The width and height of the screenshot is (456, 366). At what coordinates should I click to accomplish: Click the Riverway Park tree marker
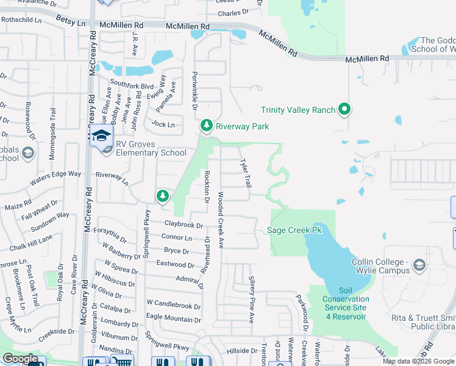pyautogui.click(x=207, y=126)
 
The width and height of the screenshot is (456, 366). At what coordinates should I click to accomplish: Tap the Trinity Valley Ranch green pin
pyautogui.click(x=344, y=110)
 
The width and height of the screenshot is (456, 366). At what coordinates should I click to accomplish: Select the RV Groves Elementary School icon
pyautogui.click(x=102, y=137)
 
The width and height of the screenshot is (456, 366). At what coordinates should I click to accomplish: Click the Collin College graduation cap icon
pyautogui.click(x=419, y=265)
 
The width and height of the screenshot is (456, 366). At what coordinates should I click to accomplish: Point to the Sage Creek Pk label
pyautogui.click(x=294, y=230)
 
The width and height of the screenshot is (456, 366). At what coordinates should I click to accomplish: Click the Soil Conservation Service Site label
pyautogui.click(x=346, y=303)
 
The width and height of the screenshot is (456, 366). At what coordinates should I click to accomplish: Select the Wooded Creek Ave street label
pyautogui.click(x=221, y=221)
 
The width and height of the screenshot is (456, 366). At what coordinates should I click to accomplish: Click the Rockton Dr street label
pyautogui.click(x=207, y=187)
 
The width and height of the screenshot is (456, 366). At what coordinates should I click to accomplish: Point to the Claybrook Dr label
pyautogui.click(x=183, y=225)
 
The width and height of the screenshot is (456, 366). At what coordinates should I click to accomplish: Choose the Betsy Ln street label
pyautogui.click(x=71, y=23)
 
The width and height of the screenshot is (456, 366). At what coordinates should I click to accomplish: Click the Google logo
pyautogui.click(x=20, y=359)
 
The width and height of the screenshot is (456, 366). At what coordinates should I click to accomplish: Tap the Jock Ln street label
pyautogui.click(x=163, y=124)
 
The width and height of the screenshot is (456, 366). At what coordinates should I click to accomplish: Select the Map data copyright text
pyautogui.click(x=418, y=361)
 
